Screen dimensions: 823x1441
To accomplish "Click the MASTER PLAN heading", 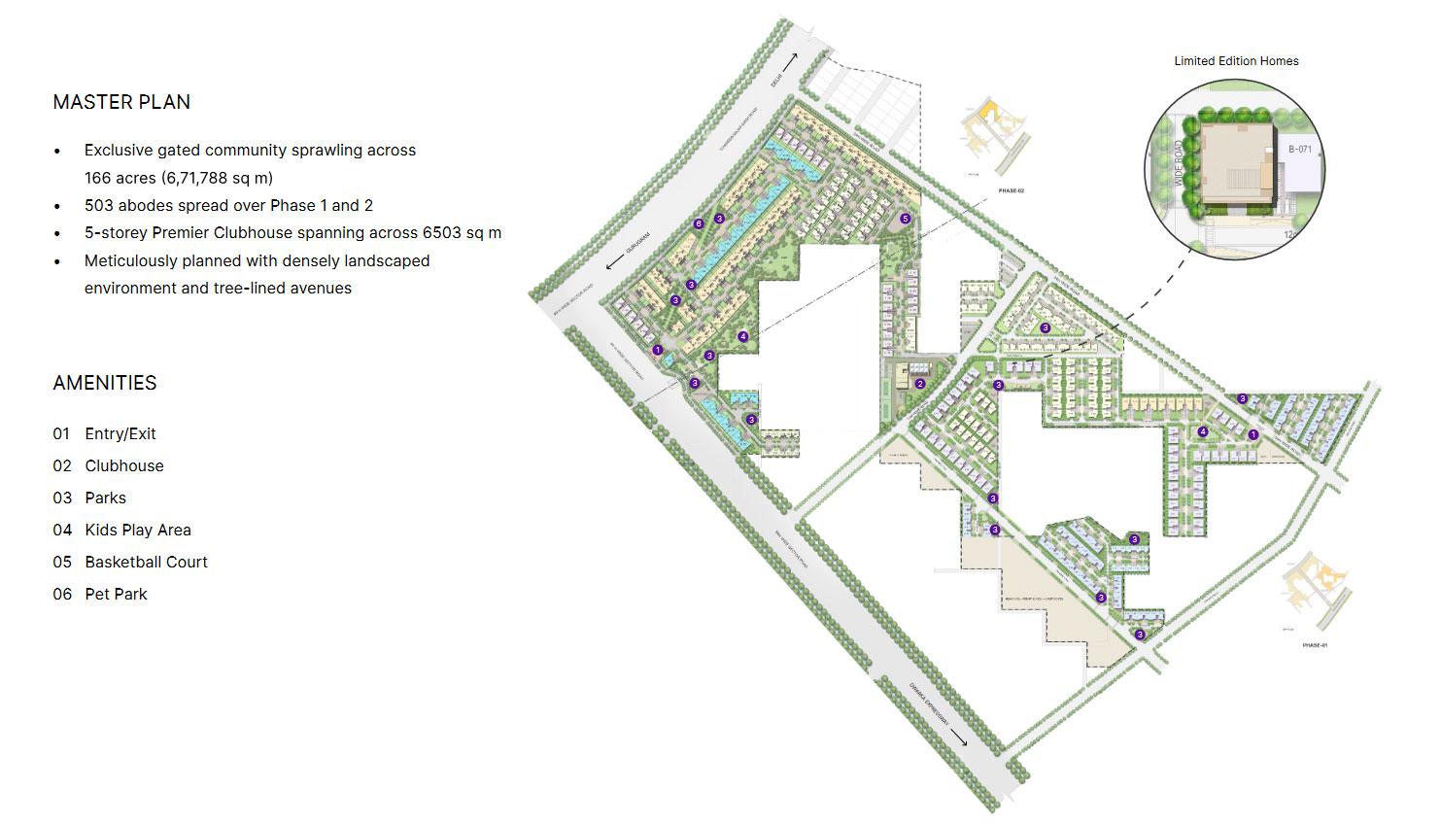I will tap(121, 102).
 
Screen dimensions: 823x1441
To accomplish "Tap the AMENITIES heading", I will tap(105, 383).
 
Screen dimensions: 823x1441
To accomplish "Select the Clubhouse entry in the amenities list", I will tap(124, 465).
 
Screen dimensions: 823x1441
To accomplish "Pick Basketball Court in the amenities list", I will tap(146, 562).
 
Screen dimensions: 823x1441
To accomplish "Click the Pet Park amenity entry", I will tap(116, 594).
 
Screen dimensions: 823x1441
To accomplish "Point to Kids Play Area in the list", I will tap(137, 530).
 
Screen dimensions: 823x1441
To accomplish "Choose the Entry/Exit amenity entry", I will tap(120, 433).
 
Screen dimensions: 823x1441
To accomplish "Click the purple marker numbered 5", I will tap(906, 219).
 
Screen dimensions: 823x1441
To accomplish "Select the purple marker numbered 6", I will tap(699, 224).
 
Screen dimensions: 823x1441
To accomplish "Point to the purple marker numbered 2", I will tap(919, 384).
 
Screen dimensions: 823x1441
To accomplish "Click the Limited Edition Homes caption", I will tap(1236, 61).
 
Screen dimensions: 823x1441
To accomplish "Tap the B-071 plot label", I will tap(1300, 150).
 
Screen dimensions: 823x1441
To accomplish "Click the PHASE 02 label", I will tap(1012, 191).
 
